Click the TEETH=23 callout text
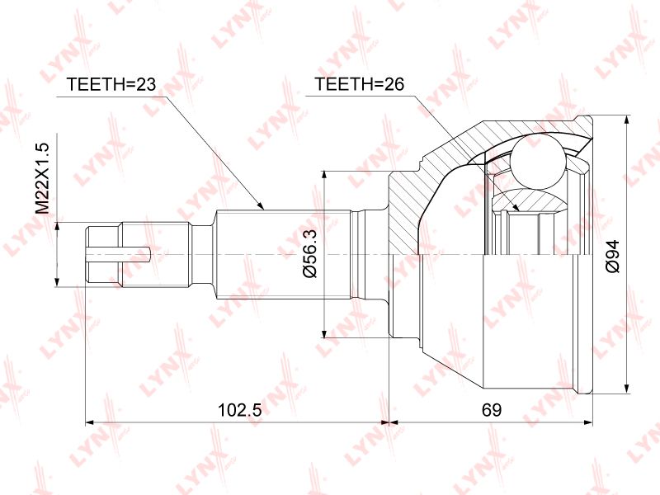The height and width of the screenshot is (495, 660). pyautogui.click(x=111, y=84)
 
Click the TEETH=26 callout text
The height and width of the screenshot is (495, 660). pyautogui.click(x=360, y=84)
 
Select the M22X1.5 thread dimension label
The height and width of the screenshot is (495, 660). pyautogui.click(x=43, y=178)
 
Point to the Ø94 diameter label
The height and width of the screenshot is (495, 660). pyautogui.click(x=613, y=257)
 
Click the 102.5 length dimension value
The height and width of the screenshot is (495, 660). pyautogui.click(x=239, y=409)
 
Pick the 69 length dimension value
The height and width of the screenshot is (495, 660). pyautogui.click(x=491, y=409)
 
